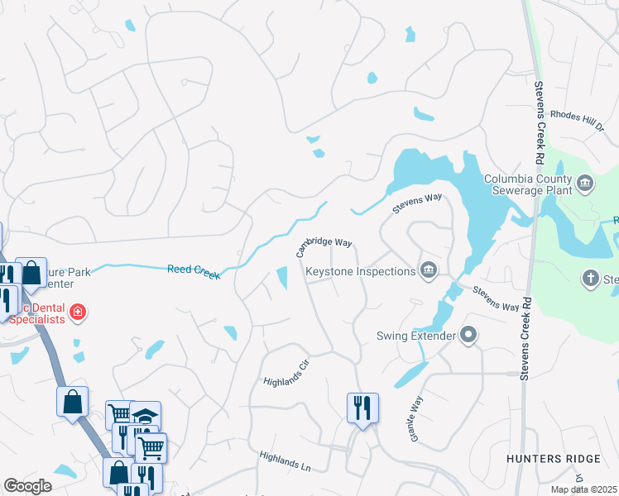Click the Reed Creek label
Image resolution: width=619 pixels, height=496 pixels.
click(194, 271)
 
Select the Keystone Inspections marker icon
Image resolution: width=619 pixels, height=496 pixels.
click(429, 271)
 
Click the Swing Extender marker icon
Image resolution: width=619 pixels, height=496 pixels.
click(469, 336)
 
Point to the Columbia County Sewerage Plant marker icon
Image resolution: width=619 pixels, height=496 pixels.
click(585, 183)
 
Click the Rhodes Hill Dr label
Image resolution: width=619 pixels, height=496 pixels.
click(578, 120)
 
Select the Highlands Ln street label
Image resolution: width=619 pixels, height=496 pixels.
click(284, 460)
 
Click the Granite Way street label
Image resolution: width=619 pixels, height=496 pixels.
click(416, 417)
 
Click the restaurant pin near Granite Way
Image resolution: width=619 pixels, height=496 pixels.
click(362, 408)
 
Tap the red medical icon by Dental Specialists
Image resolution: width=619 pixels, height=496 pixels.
click(78, 312)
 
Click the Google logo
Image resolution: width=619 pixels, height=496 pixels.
click(28, 486)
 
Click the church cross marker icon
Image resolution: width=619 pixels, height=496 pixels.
click(591, 279)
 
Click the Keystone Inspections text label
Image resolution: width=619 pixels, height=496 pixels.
click(360, 271)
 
